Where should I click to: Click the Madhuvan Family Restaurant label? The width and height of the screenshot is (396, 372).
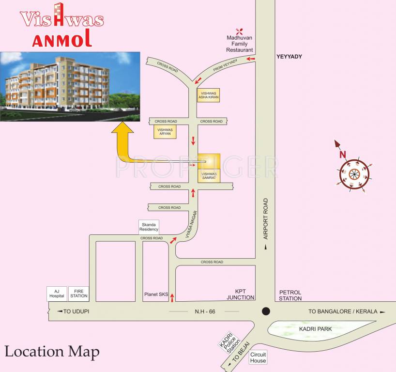point(240,44)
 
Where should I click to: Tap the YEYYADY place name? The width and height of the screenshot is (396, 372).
point(289,57)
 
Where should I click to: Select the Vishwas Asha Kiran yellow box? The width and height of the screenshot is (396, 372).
point(209,95)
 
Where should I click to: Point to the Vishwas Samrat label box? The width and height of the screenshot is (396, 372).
point(209,175)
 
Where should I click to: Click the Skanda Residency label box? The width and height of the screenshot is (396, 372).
point(149,227)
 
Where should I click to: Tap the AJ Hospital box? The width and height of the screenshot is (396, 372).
point(57,294)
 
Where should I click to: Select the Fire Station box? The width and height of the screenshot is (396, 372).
point(78,294)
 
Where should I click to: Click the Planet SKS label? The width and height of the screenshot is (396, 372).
point(156,294)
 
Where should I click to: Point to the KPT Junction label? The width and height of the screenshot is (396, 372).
point(241,294)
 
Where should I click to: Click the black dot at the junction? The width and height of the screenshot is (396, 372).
point(265,311)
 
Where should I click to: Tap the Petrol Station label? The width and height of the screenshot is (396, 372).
point(290,295)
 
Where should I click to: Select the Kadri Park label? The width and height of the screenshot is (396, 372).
point(315,329)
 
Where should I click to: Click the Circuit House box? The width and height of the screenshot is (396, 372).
point(258,357)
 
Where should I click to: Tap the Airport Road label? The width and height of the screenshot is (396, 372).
point(265,218)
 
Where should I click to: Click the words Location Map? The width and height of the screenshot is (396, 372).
point(52,352)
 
